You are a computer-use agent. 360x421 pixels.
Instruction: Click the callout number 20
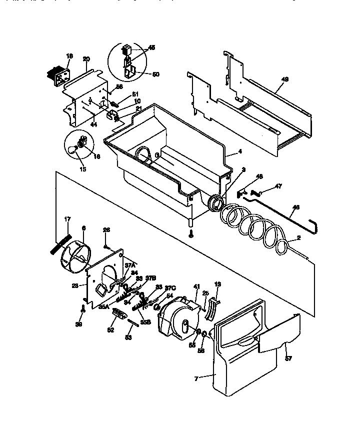(86, 58)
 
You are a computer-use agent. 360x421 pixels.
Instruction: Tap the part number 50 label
(155, 74)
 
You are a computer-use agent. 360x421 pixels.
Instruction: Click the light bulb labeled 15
(74, 148)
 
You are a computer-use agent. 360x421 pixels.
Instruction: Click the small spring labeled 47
(256, 192)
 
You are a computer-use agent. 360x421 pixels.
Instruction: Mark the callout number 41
(196, 286)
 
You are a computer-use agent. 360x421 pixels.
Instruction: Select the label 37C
(170, 288)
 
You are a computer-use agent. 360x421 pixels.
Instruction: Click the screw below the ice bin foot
(190, 233)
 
